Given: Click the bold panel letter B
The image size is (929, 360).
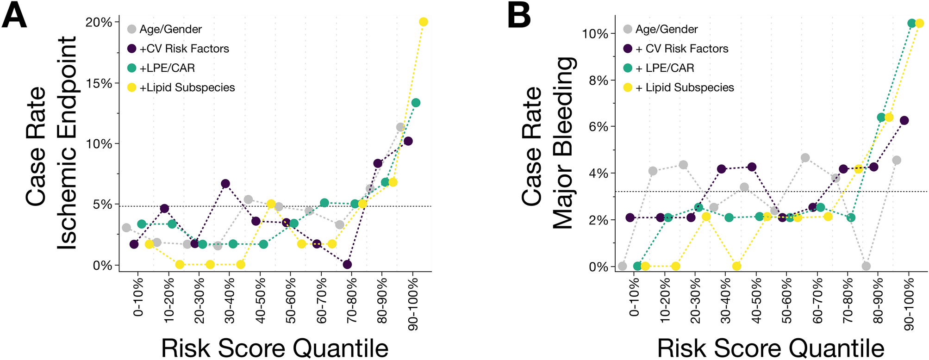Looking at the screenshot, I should tap(519, 15).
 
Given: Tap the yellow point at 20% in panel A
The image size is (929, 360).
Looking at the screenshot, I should tap(423, 22).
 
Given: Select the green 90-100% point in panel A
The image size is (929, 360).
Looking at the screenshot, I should tap(416, 103).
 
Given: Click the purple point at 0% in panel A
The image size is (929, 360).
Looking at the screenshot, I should tap(347, 264).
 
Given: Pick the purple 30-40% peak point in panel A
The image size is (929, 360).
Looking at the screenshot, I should tap(225, 184).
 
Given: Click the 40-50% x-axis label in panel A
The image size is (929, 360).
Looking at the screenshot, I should tap(260, 303).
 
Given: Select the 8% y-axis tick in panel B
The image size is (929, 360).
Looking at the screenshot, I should tap(598, 81).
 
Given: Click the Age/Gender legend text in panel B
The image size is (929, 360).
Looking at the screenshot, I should tap(666, 29).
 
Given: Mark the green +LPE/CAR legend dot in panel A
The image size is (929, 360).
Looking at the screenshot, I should tap(131, 68).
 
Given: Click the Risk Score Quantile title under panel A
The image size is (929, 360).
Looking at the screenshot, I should tap(274, 348).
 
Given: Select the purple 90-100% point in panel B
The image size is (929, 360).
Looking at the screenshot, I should tap(904, 120).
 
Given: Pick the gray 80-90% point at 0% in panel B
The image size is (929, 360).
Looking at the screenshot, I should tap(866, 266).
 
